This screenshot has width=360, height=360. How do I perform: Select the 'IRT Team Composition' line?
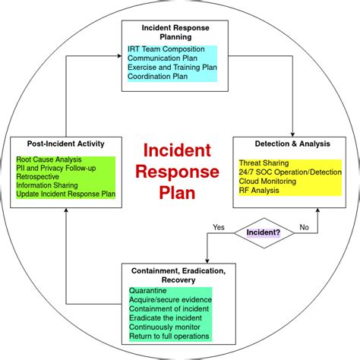(x=166, y=50)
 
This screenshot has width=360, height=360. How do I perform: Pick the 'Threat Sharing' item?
(x=264, y=163)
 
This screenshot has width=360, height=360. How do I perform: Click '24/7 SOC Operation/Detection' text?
(x=289, y=172)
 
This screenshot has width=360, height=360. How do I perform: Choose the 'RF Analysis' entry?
(x=260, y=191)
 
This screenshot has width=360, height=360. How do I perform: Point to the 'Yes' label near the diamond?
(x=219, y=226)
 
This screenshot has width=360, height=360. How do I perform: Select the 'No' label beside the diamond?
(x=304, y=226)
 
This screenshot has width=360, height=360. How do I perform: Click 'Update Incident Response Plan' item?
(x=65, y=194)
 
